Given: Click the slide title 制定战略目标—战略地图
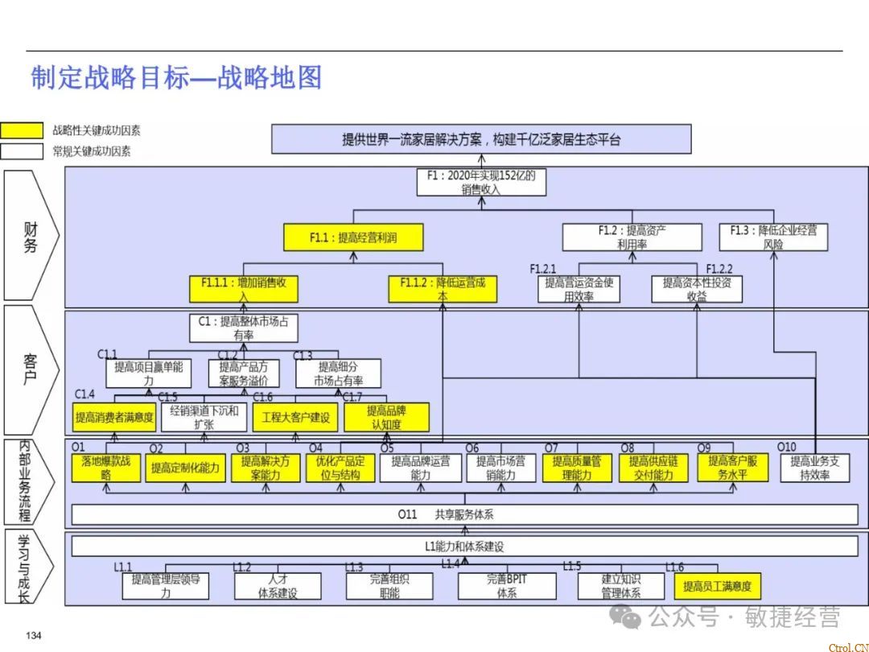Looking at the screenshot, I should point(176,77).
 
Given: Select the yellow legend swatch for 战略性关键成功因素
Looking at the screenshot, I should point(22,130).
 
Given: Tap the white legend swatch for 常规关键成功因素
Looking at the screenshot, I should point(22,151).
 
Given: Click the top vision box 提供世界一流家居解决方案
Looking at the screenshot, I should point(481,139).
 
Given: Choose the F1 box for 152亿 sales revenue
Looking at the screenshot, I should point(481,182).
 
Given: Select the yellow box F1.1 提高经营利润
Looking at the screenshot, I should point(353,237).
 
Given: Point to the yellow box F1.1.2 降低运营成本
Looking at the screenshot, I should point(443,289).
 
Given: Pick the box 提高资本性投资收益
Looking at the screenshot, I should point(697,289).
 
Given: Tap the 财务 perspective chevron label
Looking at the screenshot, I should point(31,236).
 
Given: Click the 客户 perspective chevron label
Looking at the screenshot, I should point(31,369).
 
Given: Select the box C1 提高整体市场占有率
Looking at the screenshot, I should point(243,328).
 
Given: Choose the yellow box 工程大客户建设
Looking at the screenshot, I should point(295,417).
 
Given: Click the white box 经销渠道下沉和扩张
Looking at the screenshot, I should point(204,417).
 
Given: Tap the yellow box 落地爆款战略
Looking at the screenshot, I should point(106,468).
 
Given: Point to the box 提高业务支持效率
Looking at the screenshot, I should point(814,468).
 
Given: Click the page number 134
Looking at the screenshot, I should point(34,637).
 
